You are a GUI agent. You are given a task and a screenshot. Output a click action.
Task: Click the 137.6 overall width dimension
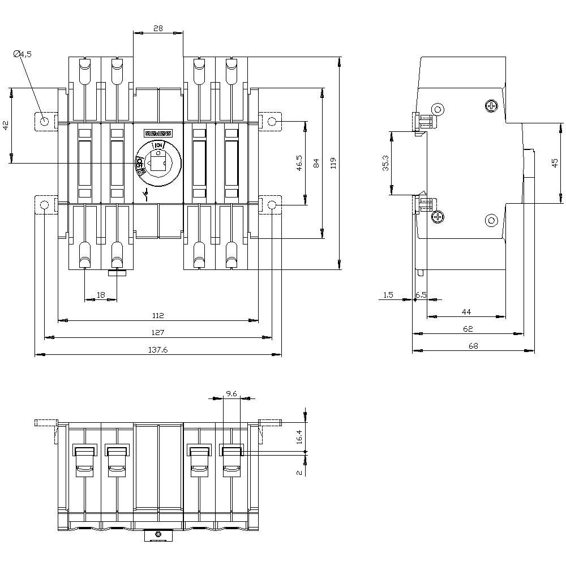(x=158, y=350)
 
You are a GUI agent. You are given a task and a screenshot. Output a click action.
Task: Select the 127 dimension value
(x=158, y=332)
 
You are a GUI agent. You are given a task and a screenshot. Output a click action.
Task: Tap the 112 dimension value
(x=158, y=315)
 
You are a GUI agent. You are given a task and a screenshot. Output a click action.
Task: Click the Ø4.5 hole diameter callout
(x=23, y=54)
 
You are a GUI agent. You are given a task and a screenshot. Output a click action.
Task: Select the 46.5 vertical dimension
(x=299, y=163)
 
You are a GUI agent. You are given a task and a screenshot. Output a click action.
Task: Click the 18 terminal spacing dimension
(x=101, y=295)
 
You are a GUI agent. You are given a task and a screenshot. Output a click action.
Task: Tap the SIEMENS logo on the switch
(x=158, y=134)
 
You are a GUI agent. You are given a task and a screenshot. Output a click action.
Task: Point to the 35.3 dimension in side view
(x=385, y=163)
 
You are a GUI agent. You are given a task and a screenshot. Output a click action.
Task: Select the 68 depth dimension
(x=473, y=346)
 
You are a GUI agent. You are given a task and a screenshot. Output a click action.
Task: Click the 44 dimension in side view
(x=466, y=311)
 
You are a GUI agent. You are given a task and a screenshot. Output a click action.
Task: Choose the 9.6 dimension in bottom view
(x=231, y=393)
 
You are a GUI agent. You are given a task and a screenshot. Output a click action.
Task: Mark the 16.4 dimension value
(x=299, y=436)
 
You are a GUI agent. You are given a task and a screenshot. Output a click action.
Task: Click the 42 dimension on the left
(x=6, y=126)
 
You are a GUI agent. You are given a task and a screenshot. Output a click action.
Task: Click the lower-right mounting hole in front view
(x=272, y=204)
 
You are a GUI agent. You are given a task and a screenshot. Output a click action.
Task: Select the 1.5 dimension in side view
(x=388, y=295)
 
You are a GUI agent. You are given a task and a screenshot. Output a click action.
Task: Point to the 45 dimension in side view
(x=555, y=162)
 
